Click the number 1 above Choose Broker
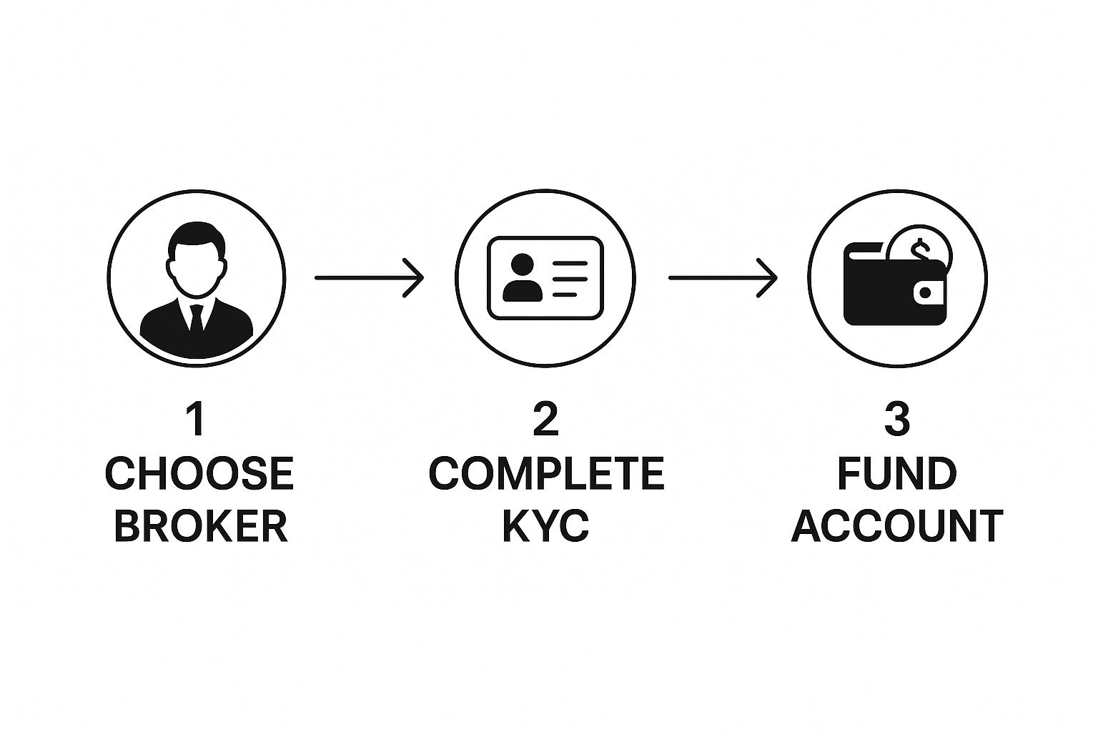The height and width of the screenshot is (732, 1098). coord(195,420)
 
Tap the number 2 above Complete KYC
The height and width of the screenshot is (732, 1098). coord(545,420)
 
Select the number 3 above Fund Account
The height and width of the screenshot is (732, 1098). coord(897,420)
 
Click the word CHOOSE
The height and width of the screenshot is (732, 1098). coord(199,474)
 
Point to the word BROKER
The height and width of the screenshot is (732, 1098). coord(200,526)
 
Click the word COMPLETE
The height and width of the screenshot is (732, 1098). coord(547,474)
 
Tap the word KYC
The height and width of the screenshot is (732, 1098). coord(545,526)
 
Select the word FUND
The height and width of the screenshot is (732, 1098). coord(897,474)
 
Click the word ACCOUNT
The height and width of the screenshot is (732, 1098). coord(897,526)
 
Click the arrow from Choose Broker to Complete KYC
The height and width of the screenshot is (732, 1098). coord(369,277)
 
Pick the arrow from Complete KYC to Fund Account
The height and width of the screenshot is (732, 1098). coord(722,277)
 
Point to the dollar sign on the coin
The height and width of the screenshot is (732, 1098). coord(919,249)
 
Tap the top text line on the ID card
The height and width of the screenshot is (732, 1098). coord(570,263)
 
